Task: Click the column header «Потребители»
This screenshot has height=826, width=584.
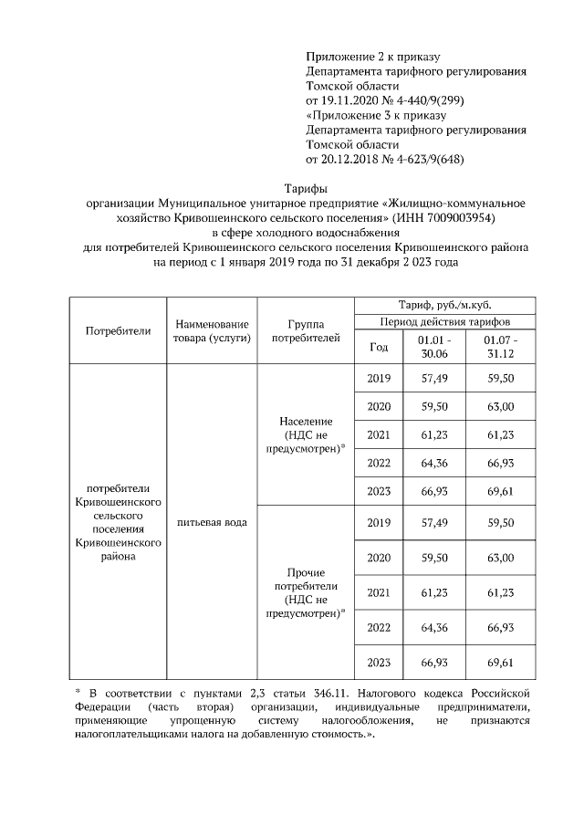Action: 118,330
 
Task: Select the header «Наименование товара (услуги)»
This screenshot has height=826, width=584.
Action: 212,330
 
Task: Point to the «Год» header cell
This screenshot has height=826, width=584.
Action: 378,347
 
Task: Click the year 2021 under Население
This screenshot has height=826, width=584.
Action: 378,434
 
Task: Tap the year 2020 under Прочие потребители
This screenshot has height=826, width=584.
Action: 378,557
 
